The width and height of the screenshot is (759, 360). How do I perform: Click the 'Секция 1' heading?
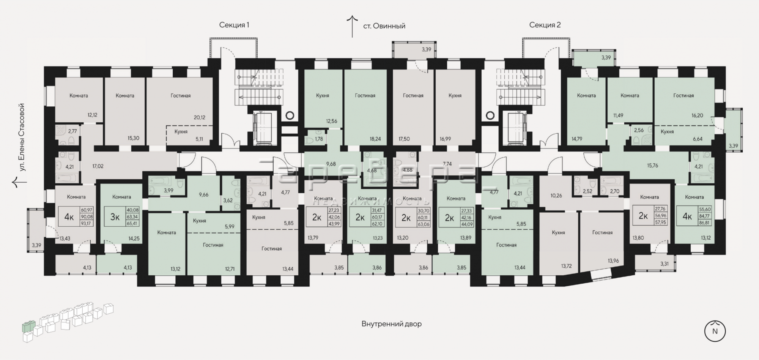[x=234, y=25]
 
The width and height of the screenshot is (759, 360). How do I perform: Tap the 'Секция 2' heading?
[x=545, y=25]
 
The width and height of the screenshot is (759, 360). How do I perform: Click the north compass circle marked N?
[x=715, y=331]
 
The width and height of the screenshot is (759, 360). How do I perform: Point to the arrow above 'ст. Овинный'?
[x=353, y=26]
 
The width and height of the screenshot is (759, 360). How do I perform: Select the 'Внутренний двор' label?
[x=391, y=324]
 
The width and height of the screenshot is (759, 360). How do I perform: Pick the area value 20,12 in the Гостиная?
[x=199, y=117]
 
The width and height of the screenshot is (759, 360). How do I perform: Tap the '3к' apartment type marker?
[x=115, y=217]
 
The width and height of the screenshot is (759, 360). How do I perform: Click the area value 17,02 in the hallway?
[x=98, y=166]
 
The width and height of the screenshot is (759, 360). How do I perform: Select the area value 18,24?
[x=375, y=139]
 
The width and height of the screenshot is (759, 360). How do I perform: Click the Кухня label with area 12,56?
[x=323, y=96]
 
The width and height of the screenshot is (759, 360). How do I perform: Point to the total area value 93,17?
[x=86, y=223]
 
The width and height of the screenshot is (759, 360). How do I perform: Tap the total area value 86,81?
[x=705, y=223]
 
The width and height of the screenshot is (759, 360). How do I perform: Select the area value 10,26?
[x=556, y=196]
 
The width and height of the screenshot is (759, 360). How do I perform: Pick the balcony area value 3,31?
[x=665, y=264]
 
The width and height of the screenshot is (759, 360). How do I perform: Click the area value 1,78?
[x=319, y=139]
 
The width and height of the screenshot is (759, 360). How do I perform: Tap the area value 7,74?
[x=447, y=164]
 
